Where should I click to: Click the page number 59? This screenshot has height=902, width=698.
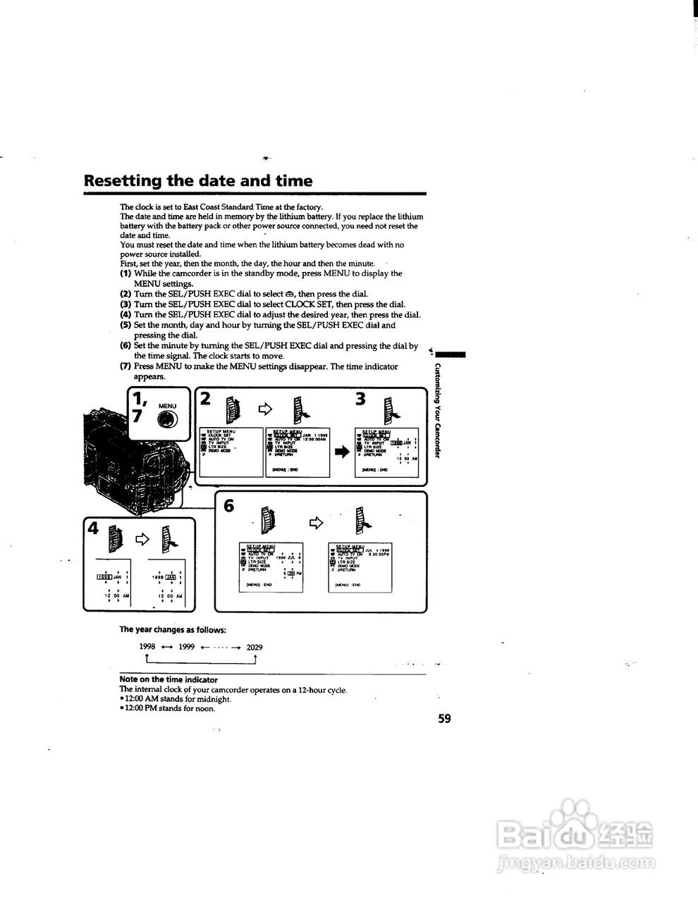tap(443, 719)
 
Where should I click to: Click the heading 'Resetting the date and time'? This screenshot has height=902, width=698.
tap(198, 180)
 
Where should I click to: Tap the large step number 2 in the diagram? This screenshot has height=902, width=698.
tap(205, 399)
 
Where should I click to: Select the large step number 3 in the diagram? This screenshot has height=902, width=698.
tap(361, 399)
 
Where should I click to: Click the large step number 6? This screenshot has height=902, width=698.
tap(228, 506)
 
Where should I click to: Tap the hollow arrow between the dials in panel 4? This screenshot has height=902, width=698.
tap(142, 539)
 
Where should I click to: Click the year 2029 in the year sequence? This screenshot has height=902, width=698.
tap(255, 646)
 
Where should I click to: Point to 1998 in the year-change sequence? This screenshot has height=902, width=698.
tap(147, 646)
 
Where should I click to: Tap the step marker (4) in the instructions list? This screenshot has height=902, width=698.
tap(125, 315)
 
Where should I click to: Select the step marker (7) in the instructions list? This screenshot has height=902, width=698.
tap(125, 366)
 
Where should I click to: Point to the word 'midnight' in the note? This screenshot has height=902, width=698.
tap(214, 699)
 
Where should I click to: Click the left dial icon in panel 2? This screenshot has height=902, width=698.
tap(234, 408)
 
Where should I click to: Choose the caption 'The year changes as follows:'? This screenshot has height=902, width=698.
tap(173, 629)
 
